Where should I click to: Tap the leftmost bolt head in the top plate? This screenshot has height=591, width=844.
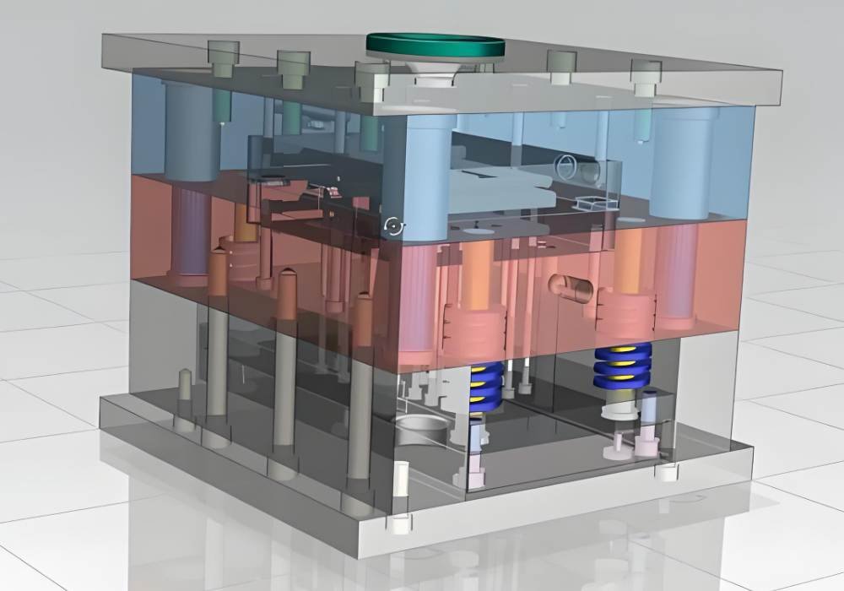tap(224, 56)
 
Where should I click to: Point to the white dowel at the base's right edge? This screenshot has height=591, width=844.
tap(668, 469)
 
